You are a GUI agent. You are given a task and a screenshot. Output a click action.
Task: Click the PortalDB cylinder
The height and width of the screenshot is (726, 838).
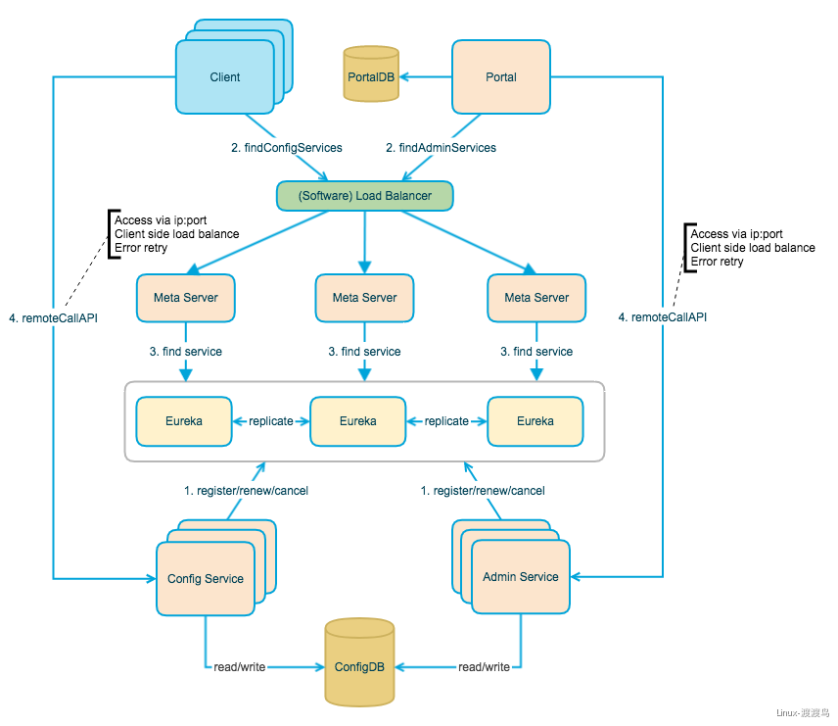point(371,74)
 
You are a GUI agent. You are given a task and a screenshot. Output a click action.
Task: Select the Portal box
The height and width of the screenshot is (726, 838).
point(500,77)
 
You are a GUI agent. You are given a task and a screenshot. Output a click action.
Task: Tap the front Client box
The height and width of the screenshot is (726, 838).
point(225,77)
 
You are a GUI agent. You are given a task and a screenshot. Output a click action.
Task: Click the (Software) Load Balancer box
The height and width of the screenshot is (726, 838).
point(364,196)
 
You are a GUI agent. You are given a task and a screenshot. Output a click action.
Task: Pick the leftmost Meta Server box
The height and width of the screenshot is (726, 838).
point(186,297)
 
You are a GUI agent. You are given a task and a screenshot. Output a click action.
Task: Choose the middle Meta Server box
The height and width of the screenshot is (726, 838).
point(364,297)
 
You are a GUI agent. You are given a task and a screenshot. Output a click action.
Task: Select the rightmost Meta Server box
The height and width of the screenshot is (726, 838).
point(536,297)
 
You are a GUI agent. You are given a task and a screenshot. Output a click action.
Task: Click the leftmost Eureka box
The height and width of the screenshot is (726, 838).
point(183,421)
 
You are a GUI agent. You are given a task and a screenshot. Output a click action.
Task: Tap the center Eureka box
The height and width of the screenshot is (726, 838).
point(357,421)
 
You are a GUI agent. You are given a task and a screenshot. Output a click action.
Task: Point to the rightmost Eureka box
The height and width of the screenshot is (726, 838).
point(535,421)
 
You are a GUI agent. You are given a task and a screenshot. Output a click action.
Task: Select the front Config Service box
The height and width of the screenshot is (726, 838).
point(206,579)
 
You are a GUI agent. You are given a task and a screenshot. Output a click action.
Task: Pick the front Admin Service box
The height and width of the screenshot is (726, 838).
point(521,577)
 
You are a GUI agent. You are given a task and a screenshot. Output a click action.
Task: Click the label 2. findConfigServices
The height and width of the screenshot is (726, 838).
point(287,148)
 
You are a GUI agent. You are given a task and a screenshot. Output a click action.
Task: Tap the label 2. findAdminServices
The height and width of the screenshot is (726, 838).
point(441,148)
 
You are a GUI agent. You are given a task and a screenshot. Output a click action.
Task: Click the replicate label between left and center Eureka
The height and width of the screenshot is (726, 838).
point(271,421)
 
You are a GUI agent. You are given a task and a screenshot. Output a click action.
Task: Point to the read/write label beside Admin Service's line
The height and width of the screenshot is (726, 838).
point(484,667)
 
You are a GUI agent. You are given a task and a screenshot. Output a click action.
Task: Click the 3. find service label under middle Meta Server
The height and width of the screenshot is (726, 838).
point(364,352)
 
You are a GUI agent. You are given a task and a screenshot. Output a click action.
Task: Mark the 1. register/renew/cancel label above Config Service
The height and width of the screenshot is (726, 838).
point(246,491)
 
